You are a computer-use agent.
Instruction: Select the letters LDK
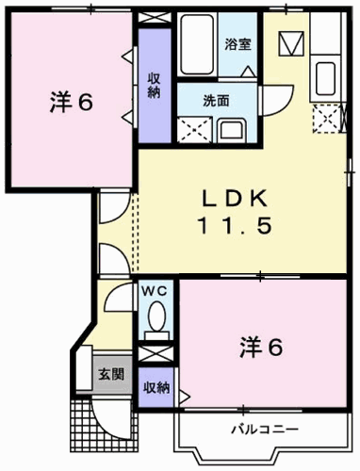[237, 198]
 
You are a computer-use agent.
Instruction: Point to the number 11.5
[237, 226]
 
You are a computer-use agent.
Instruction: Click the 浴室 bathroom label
[236, 44]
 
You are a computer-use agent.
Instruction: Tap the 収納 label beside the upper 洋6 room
[153, 85]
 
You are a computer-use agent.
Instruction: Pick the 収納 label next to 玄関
[156, 387]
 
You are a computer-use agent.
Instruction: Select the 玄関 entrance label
[110, 374]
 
